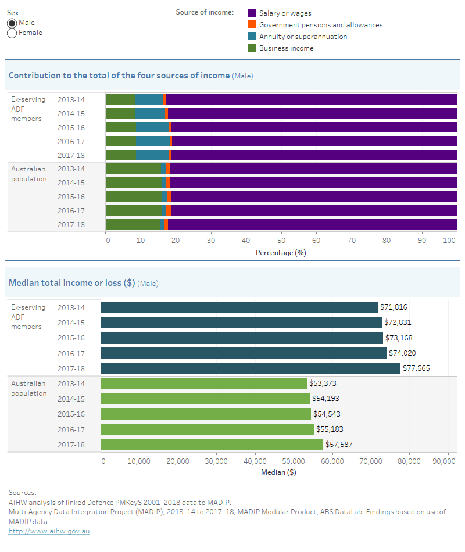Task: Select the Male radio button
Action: pos(12,23)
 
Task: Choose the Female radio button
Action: pos(12,33)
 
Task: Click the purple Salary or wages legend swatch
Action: pos(252,13)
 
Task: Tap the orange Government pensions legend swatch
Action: pos(252,24)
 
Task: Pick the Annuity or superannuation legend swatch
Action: pos(252,36)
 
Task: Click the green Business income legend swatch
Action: pos(252,48)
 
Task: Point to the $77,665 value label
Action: pos(417,368)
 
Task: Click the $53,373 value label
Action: pos(323,383)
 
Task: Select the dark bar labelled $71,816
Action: pos(239,307)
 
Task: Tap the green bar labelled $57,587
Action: pos(212,445)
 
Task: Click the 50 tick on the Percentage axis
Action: pos(281,239)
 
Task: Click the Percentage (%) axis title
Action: pos(281,253)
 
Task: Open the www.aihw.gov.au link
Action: pos(49,531)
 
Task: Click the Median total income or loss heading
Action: pos(72,283)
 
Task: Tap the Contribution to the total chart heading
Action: pos(119,76)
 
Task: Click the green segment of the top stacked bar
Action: pos(120,99)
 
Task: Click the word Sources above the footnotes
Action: pos(22,493)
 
